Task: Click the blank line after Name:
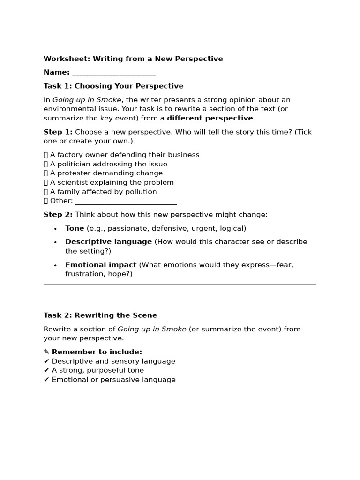tap(114, 73)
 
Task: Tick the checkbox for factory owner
tap(46, 155)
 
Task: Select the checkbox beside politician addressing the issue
tap(46, 165)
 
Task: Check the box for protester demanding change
tap(46, 173)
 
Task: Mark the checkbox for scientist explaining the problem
tap(46, 183)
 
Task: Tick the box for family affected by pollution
tap(46, 192)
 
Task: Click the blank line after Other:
tap(126, 202)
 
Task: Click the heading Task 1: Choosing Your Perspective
tap(113, 86)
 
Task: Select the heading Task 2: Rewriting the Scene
tap(100, 315)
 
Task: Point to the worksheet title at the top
tap(133, 59)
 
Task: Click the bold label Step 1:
tap(58, 132)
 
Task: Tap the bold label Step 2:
tap(58, 215)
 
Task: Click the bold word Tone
tap(75, 228)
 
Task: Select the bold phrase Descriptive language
tap(108, 242)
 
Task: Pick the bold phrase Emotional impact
tap(101, 265)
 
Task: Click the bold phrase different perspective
tap(210, 118)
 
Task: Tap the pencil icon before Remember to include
tap(46, 352)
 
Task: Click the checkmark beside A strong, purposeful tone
tap(46, 370)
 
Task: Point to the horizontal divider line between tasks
tap(180, 284)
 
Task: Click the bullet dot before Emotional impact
tap(55, 265)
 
